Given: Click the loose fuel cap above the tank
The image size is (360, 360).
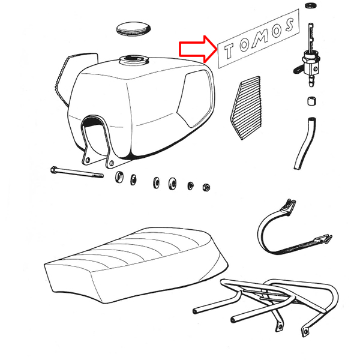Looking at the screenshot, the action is coord(133,29).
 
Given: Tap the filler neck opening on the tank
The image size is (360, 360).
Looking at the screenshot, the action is coord(134,59).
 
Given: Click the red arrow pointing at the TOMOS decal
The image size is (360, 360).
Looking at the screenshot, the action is coord(198,49).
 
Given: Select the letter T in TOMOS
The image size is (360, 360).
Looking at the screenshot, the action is coord(229,51).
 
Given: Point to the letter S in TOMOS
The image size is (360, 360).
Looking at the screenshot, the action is coord(290,25).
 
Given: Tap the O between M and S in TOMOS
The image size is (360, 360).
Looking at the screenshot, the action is coord(277,31).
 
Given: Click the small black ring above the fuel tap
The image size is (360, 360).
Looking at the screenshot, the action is coord(310,5).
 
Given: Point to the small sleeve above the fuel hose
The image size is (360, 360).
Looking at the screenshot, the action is coord(311,101).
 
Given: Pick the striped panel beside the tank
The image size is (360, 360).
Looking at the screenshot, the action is coord(246,108).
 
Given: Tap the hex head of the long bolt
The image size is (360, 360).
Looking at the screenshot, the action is coord(53,170).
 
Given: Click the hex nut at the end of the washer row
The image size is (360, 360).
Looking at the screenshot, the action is coord(206,187).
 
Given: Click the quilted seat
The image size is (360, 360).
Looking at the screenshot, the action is coord(136,264).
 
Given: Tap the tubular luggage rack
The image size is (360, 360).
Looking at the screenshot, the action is coord(266,307).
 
